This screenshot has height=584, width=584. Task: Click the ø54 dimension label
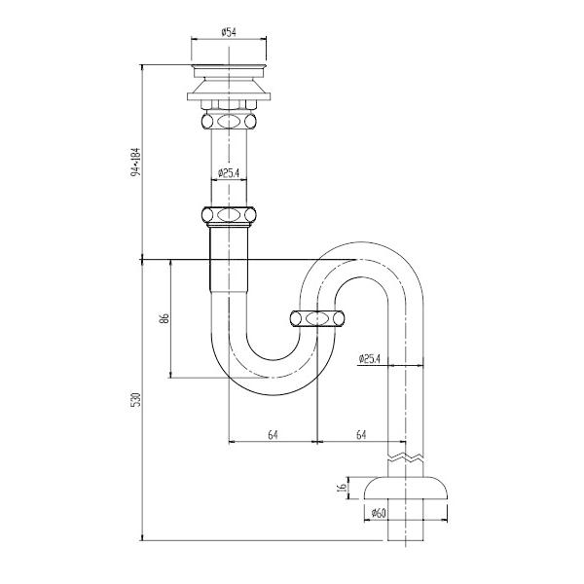[x=229, y=32]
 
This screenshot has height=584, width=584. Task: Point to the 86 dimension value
[x=165, y=317]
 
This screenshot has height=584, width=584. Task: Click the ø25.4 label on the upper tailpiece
[x=229, y=173]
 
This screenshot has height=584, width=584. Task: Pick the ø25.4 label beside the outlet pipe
[x=369, y=358]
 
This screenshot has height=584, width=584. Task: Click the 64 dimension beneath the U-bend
[x=272, y=434]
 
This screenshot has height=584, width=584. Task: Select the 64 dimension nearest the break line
[x=361, y=434]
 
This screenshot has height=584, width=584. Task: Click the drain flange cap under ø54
[x=229, y=71]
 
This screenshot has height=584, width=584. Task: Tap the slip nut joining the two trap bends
[x=317, y=317]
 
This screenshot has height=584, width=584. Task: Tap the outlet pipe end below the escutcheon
[x=408, y=530]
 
